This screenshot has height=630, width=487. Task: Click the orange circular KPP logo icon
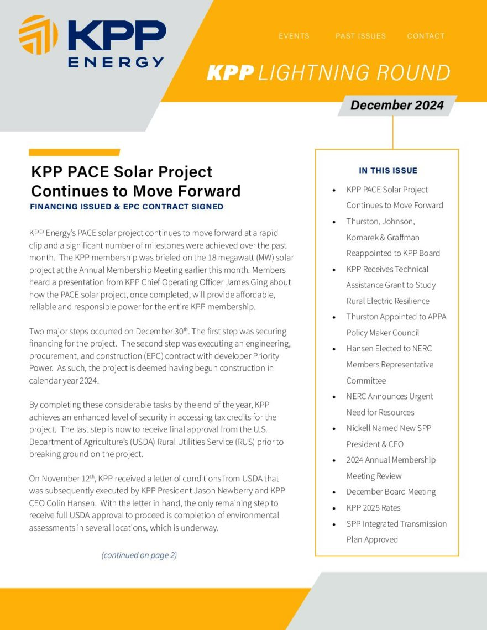coord(38,35)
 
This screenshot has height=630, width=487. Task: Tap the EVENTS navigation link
coord(294,36)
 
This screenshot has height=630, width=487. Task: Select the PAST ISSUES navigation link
coord(360,36)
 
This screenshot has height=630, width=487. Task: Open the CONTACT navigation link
coord(426,36)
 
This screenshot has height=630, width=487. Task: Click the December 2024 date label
coord(397,105)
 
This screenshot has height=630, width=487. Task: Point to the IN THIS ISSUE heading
coord(388,170)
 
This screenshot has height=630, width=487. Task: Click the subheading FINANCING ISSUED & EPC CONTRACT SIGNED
coord(127,207)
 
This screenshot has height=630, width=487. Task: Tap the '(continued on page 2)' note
coord(139,555)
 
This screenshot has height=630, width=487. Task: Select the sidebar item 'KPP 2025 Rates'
coord(373,507)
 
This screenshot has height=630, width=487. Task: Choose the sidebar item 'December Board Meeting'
coord(391,491)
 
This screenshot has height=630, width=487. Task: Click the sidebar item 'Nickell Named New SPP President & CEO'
coord(389,436)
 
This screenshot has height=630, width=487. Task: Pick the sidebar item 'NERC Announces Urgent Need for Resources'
coord(389,404)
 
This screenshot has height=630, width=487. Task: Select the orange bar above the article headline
coord(74,153)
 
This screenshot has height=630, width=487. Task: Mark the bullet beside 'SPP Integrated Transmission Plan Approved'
coord(334,524)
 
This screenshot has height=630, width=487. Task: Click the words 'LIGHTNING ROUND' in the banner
coord(354,73)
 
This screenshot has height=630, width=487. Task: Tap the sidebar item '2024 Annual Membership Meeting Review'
coord(391,468)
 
